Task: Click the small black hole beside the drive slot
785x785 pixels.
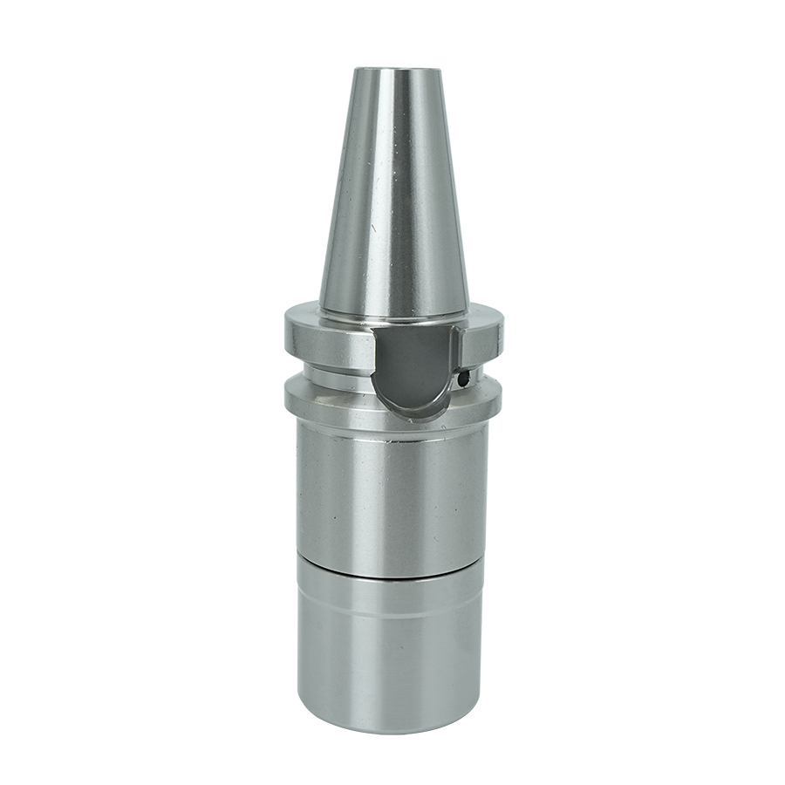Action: pyautogui.click(x=465, y=378)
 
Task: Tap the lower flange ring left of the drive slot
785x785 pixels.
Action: pyautogui.click(x=327, y=398)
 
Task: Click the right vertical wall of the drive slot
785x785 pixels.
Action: pyautogui.click(x=457, y=358)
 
